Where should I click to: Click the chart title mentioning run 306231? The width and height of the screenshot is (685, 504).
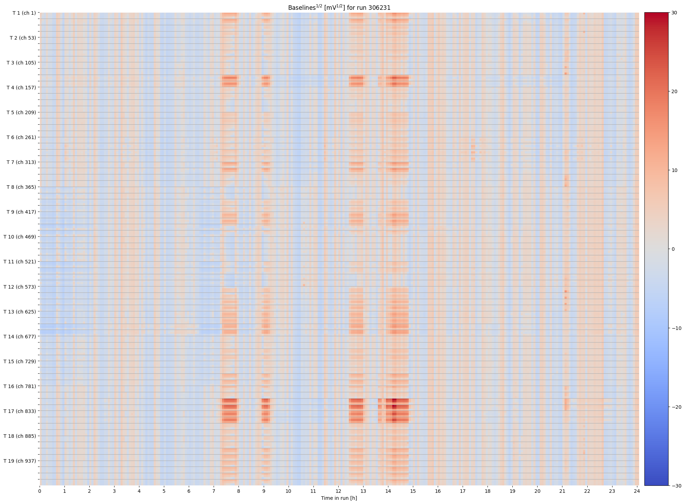(339, 7)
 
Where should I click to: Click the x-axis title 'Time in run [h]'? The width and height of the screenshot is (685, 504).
(339, 498)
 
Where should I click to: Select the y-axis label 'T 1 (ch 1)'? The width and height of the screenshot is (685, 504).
(24, 13)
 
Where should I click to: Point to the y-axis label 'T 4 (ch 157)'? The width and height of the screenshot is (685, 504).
(21, 88)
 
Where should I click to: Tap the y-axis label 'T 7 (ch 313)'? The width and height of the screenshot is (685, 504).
(21, 162)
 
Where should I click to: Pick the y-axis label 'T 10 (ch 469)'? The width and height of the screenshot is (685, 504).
(20, 237)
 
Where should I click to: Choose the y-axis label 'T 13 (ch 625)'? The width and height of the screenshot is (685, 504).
(20, 312)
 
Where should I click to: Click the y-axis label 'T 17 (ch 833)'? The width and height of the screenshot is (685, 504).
(20, 411)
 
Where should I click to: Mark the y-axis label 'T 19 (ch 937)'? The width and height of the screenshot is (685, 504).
(20, 461)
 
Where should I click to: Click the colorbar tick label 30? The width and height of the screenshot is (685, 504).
(674, 13)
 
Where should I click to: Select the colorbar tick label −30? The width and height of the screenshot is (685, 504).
(676, 486)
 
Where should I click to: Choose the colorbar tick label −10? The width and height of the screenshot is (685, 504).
(676, 328)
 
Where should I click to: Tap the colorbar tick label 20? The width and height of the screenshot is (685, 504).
(674, 91)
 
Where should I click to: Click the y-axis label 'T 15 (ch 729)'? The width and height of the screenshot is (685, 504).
(20, 361)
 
